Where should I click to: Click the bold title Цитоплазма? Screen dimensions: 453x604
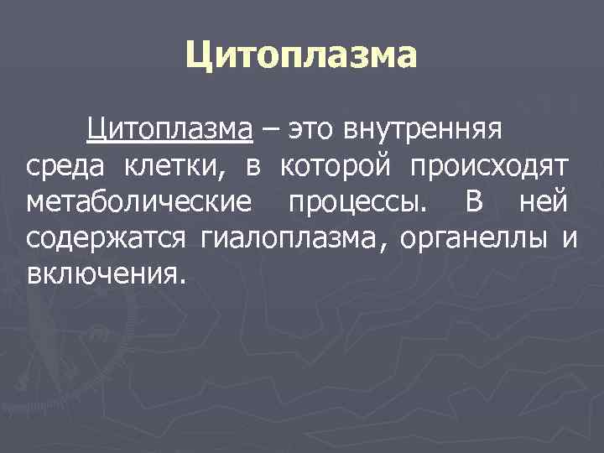(301, 57)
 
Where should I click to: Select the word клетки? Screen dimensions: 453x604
(175, 167)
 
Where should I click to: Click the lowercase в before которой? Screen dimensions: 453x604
(253, 167)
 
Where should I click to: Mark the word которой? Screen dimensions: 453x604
(335, 167)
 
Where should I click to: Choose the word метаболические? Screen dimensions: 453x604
(139, 202)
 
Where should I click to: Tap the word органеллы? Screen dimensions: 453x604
(474, 238)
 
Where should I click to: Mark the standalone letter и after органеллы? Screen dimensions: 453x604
(570, 238)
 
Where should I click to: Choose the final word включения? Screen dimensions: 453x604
(103, 274)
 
